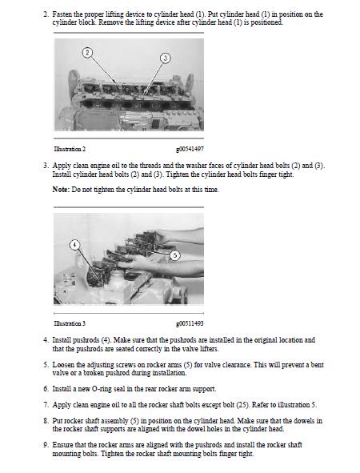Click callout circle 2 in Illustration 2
coord(87,53)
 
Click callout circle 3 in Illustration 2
coord(165,58)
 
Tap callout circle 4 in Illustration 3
coord(74,245)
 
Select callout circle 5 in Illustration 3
coord(175,255)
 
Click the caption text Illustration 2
coord(70,149)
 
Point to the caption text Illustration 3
coord(70,323)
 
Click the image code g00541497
coord(190,149)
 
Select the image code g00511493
coord(190,323)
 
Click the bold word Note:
coord(61,190)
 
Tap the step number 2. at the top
coord(46,14)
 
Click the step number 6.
coord(46,388)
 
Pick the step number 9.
coord(46,445)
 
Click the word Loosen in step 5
coord(62,365)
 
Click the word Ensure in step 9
coord(62,445)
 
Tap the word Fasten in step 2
coord(62,14)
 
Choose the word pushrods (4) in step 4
coord(92,340)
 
